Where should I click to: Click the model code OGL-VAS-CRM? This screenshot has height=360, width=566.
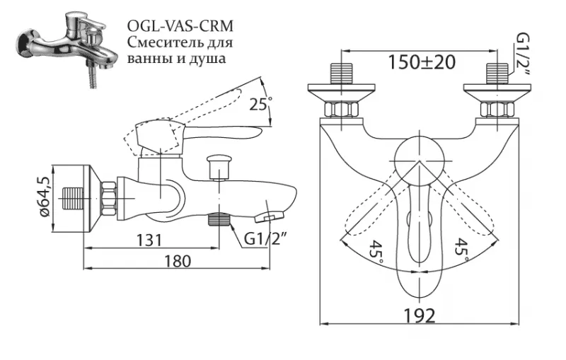180,26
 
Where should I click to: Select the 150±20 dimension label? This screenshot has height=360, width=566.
421,62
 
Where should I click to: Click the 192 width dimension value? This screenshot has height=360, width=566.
419,316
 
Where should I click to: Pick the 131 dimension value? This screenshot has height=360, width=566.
149,240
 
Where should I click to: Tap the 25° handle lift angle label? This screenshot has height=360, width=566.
260,105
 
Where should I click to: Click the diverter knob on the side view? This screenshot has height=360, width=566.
219,167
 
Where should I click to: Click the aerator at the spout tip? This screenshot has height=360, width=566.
269,217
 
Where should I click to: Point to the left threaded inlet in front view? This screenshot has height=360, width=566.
341,74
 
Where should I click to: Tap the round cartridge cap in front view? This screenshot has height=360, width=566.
419,159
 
